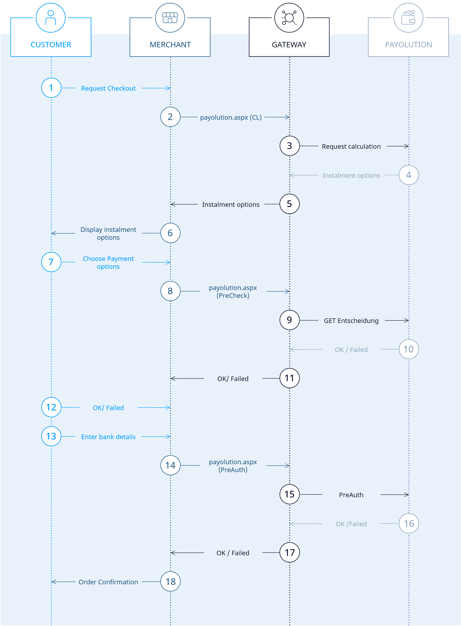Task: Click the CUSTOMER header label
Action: [x=51, y=45]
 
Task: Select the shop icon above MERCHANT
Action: [x=170, y=18]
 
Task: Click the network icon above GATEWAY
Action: [x=289, y=18]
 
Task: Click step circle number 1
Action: [x=51, y=88]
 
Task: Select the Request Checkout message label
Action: [x=108, y=88]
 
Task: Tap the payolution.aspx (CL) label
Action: [x=231, y=117]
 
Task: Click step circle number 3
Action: [x=289, y=146]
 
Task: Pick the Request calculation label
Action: [x=351, y=146]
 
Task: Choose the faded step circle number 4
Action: [x=408, y=175]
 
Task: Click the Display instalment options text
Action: [x=108, y=233]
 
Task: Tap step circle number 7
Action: [x=51, y=262]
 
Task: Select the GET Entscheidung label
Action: [x=351, y=320]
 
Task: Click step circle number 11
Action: [x=289, y=378]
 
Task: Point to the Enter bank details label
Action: [x=108, y=437]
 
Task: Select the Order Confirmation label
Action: [x=108, y=582]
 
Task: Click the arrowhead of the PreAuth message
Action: [x=407, y=495]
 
